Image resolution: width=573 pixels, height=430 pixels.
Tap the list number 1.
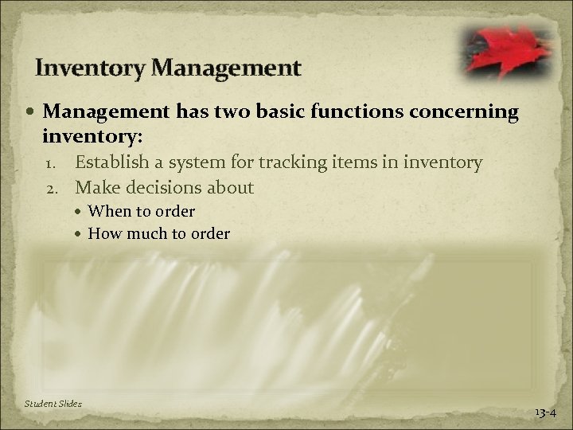[x=57, y=164]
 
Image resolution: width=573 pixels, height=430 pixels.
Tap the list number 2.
[x=57, y=188]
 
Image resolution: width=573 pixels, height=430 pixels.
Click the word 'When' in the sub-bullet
[x=107, y=212]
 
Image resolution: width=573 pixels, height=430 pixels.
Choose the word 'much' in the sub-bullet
[x=142, y=233]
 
